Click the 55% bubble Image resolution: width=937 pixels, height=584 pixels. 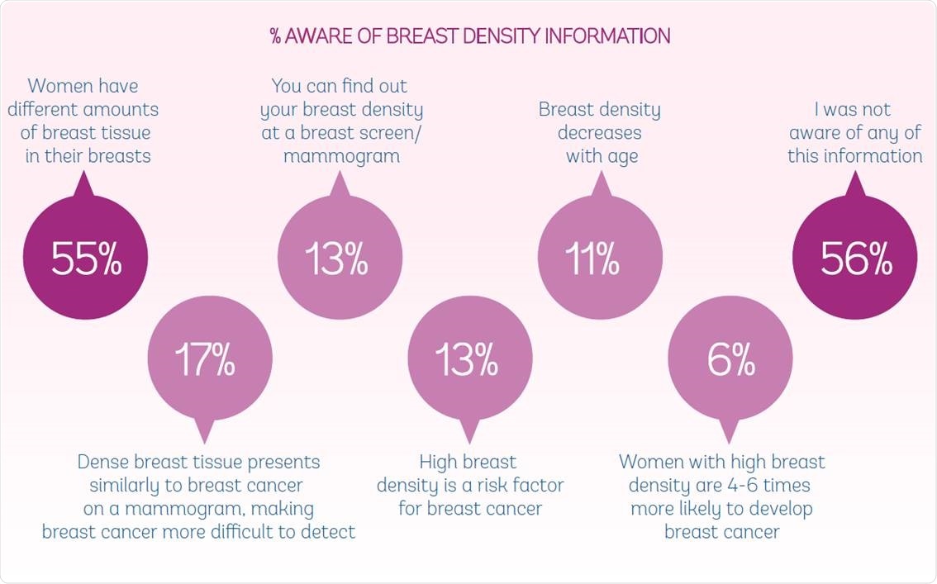pos(85,259)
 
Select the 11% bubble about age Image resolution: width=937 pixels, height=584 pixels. pos(600,259)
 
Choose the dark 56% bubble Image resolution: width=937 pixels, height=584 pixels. pos(855,259)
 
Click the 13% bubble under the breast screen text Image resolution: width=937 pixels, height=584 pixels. pos(340,259)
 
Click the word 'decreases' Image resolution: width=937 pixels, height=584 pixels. pos(599,132)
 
